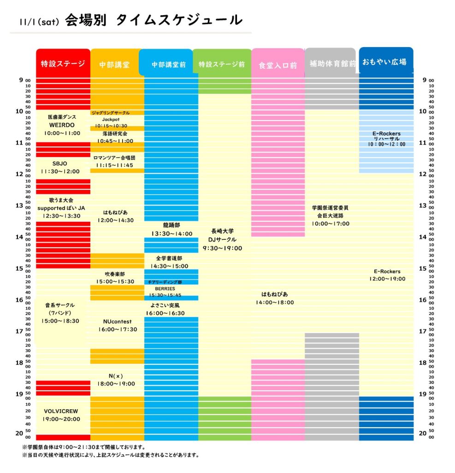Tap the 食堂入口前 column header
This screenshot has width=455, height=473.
278,65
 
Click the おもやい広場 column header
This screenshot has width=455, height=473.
386,61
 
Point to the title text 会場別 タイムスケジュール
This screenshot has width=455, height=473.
154,20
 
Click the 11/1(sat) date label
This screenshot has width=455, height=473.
40,22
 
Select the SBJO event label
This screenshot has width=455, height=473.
60,164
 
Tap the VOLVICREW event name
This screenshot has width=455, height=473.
62,411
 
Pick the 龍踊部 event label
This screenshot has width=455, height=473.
171,225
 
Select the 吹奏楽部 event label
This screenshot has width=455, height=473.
115,274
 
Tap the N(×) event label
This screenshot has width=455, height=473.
115,376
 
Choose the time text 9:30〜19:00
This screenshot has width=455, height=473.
223,248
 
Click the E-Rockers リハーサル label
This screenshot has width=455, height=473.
387,136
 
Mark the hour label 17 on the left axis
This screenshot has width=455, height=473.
19,331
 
